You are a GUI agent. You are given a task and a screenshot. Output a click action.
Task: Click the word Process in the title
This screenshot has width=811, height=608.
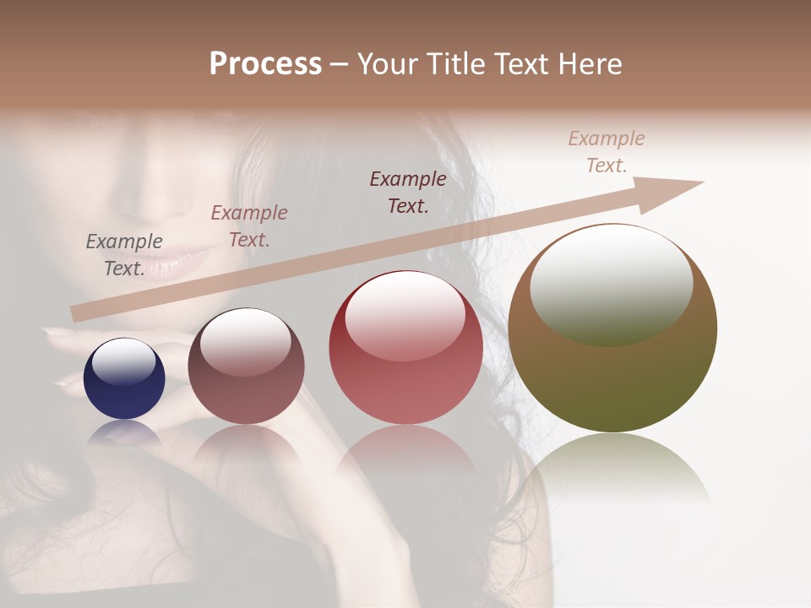265,64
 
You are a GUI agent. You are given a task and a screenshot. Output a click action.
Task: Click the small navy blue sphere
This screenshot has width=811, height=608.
124,378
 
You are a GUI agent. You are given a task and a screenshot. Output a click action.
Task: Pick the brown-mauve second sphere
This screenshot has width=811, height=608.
246,366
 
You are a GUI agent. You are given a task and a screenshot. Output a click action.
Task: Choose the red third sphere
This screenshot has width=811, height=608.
405,347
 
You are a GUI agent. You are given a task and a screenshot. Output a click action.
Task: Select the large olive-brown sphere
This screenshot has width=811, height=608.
612,328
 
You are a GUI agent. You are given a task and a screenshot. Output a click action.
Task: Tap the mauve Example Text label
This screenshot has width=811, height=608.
249,226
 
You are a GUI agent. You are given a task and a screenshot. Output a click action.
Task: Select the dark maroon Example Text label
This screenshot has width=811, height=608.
408,193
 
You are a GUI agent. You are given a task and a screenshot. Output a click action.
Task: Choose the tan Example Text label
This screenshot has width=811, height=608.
607,152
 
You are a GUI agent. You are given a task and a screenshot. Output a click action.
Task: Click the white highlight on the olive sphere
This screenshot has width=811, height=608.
611,283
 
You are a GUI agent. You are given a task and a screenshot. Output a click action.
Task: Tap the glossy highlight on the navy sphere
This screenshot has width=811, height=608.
124,361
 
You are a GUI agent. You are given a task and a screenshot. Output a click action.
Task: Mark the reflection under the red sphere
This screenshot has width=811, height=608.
405,452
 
